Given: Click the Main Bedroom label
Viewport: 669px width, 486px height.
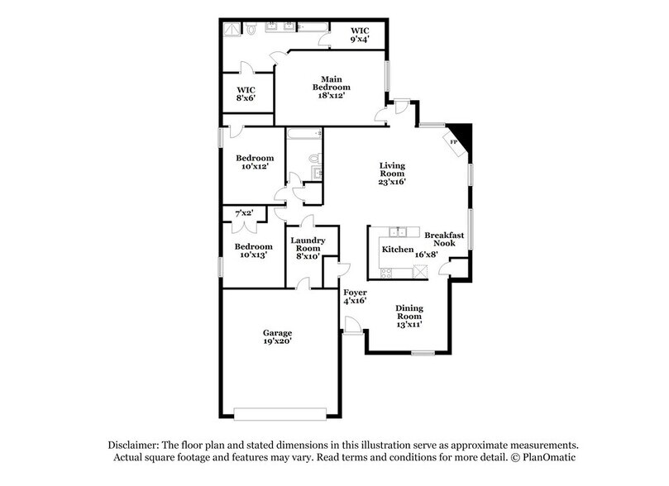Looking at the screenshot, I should (331, 87).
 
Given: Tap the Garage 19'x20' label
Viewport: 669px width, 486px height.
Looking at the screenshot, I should (278, 336).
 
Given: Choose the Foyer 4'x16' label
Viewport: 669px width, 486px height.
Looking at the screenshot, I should (356, 296).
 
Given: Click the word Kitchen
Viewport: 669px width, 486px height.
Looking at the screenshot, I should (397, 249).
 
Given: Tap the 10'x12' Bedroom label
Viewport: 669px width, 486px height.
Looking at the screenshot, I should (254, 162).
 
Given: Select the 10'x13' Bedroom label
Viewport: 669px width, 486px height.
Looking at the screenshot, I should (252, 251).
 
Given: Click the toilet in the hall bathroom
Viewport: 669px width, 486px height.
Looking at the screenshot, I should (313, 158).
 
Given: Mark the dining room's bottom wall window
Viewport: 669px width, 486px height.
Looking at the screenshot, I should (423, 353).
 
